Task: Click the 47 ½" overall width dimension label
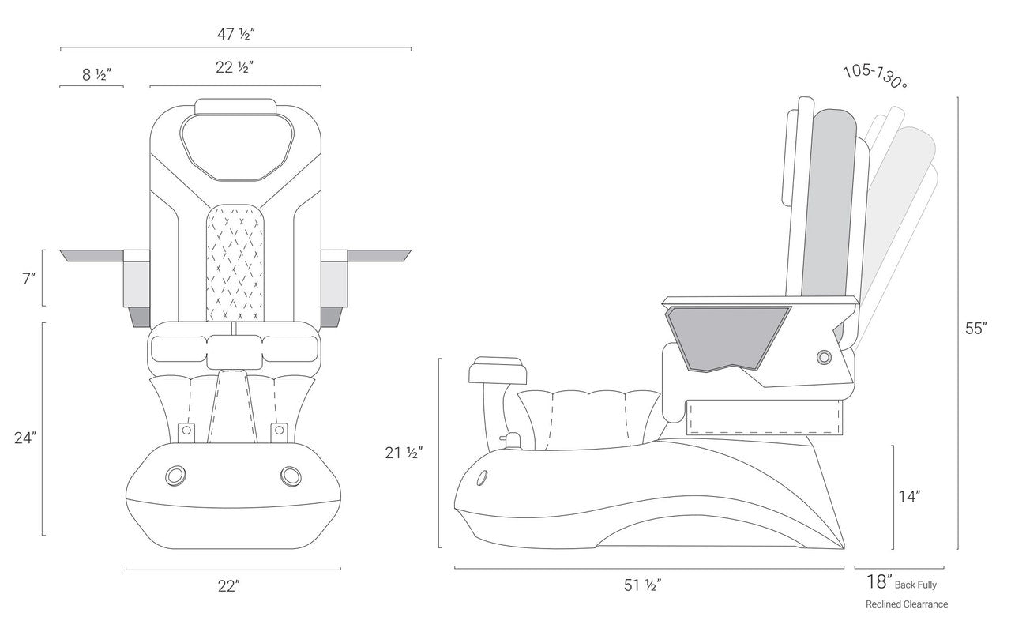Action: [x=235, y=34]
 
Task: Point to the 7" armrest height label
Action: [x=29, y=278]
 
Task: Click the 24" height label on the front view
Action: [x=25, y=437]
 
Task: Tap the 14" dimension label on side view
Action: [x=908, y=496]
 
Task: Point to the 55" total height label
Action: [x=975, y=329]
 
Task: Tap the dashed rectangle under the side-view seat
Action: [x=763, y=417]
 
